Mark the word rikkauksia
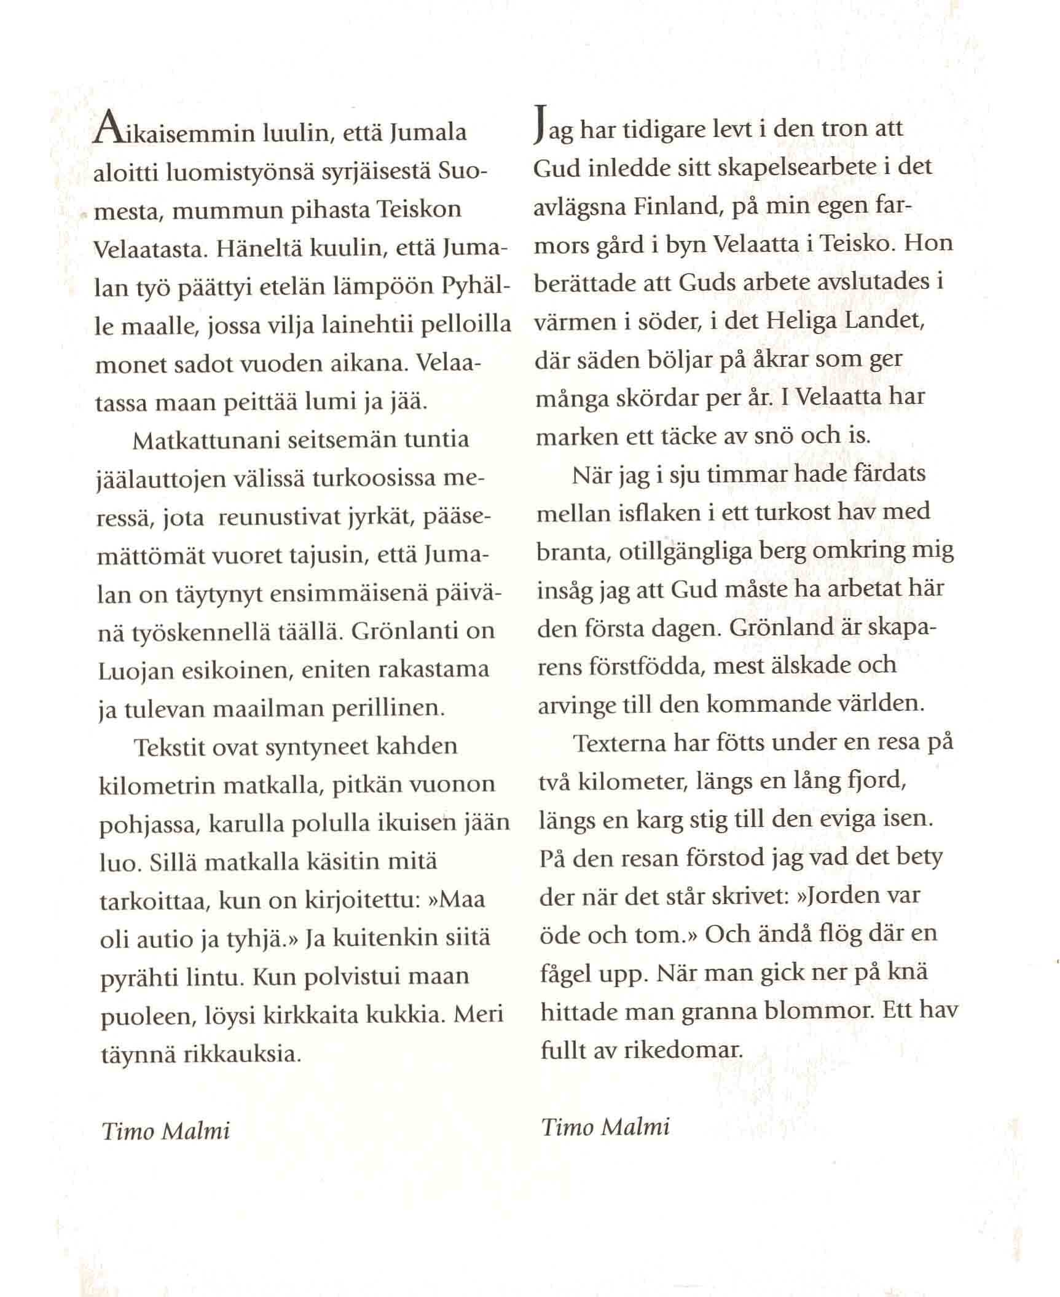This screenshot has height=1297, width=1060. (242, 1055)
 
